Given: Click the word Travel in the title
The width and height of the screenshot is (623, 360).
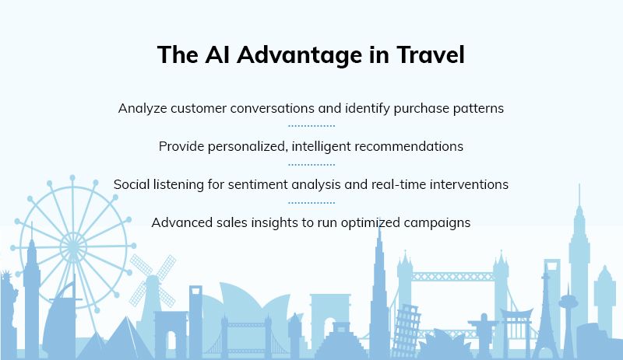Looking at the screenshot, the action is (431, 54).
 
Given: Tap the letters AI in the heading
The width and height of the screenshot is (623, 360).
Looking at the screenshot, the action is (217, 54).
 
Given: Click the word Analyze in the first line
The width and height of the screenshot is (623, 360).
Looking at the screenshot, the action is (143, 108).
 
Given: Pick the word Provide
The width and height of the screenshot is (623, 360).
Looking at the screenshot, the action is (181, 146).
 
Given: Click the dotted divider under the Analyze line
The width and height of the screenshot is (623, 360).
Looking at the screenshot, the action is (311, 126).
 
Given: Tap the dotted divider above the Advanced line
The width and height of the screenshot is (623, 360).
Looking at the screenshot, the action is (311, 203).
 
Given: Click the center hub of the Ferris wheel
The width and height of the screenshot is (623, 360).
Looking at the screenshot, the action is (73, 247).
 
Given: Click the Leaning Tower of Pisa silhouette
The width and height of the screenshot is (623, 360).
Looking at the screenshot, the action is (405, 330).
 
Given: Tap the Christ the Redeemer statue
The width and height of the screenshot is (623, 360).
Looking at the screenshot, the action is (483, 334).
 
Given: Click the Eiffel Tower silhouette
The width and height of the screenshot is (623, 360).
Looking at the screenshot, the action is (547, 321).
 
